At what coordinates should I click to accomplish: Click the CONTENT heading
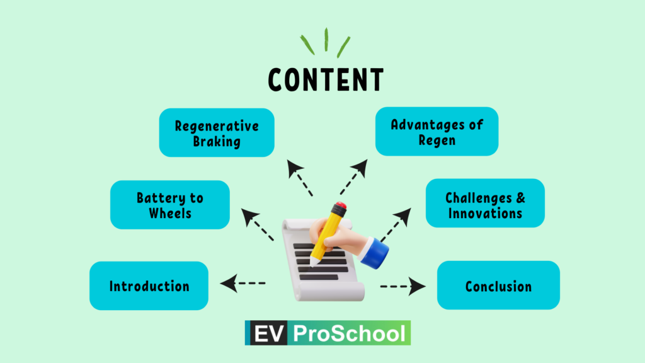click(326, 80)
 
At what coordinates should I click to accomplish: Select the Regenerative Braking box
click(217, 132)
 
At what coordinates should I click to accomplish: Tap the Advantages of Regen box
click(437, 131)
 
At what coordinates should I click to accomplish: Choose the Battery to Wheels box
click(170, 205)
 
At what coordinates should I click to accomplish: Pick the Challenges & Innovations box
click(486, 203)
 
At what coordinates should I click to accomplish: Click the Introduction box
click(149, 285)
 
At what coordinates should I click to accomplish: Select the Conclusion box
click(499, 285)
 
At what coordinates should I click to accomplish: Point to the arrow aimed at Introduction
click(243, 283)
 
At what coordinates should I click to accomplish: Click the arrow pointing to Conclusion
click(403, 287)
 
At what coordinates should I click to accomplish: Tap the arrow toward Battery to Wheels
click(258, 224)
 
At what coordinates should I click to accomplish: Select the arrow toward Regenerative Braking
click(300, 178)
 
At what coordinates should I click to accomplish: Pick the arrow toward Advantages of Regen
click(354, 177)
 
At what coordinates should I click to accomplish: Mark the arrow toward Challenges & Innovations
click(396, 225)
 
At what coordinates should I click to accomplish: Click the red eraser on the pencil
click(340, 205)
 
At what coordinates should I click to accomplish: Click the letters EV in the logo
click(269, 333)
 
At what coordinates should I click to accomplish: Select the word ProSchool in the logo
click(350, 333)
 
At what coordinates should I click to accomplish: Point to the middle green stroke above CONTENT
click(326, 40)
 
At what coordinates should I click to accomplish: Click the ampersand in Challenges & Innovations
click(520, 197)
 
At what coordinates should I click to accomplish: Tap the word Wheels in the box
click(170, 213)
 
